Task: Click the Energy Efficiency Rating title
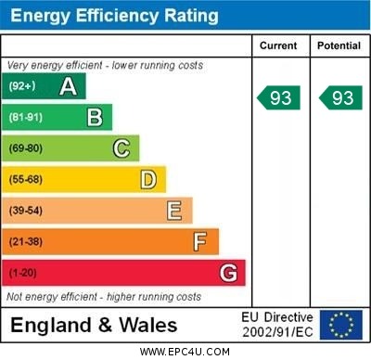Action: pos(114,16)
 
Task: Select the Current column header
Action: pos(278,45)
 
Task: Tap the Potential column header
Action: pos(339,45)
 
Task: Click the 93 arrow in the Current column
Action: pos(279,97)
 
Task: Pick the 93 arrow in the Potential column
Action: pos(340,97)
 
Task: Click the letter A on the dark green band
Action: pos(68,86)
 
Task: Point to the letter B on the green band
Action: pos(95,117)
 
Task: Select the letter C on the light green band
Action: pos(122,148)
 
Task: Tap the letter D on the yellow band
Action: pos(148,179)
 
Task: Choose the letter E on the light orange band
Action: pos(174,211)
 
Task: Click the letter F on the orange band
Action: pos(200,242)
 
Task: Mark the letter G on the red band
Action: pos(228,273)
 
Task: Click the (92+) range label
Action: pos(23,86)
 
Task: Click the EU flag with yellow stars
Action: pos(341,325)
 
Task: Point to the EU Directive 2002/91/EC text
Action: pos(277,325)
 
